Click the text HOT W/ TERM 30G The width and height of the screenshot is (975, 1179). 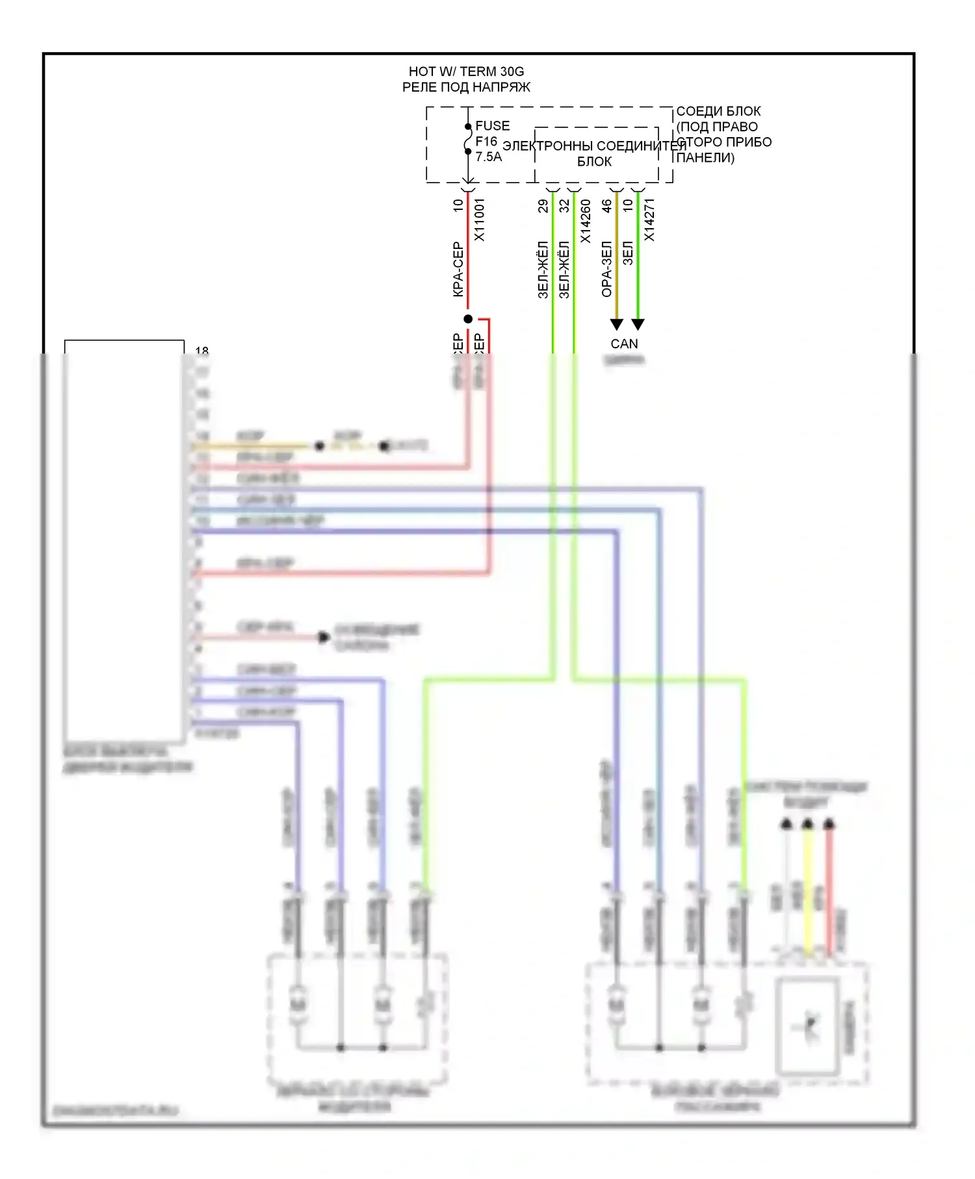[x=466, y=71]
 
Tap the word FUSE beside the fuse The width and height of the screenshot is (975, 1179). [x=493, y=125]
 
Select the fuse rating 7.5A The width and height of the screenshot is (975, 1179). [x=489, y=157]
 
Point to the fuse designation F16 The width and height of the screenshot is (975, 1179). [x=486, y=141]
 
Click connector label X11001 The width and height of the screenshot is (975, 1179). [x=480, y=220]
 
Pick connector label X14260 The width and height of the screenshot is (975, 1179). [x=586, y=221]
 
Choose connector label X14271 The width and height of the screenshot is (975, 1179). [x=649, y=220]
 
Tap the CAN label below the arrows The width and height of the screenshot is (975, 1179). [x=624, y=344]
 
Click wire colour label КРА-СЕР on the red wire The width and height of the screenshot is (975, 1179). [x=458, y=270]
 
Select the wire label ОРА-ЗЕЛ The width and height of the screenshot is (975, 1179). [x=606, y=269]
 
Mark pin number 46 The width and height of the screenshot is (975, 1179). [x=606, y=206]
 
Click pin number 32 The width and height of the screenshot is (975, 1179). [x=564, y=206]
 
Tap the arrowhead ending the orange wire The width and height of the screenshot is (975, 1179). [x=617, y=324]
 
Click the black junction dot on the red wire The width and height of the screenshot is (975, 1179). [x=468, y=318]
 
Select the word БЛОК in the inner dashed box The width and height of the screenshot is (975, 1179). [x=594, y=161]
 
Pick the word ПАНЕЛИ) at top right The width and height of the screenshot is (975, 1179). [x=705, y=157]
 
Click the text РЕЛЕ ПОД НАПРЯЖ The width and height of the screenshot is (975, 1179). [x=466, y=87]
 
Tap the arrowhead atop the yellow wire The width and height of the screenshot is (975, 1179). [x=807, y=824]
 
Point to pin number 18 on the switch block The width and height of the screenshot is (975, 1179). [x=202, y=351]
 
